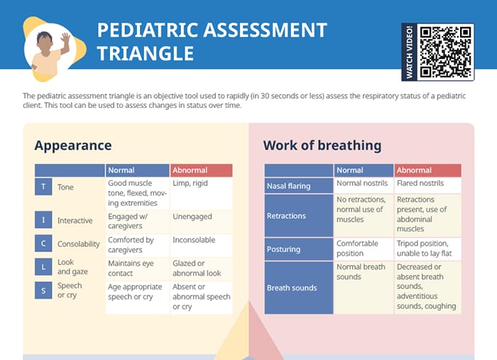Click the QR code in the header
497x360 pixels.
[x=445, y=52]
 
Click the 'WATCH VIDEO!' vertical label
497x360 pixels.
[x=410, y=52]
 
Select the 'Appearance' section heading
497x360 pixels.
[x=73, y=146]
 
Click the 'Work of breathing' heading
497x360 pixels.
[x=322, y=146]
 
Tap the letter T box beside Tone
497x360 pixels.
[x=43, y=187]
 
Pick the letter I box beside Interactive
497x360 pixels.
[x=43, y=220]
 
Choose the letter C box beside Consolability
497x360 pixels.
[x=43, y=243]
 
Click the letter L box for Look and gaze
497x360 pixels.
[x=43, y=267]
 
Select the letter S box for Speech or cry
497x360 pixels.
[x=43, y=290]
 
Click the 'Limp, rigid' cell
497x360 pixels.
[x=201, y=193]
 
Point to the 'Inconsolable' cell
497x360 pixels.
[x=201, y=245]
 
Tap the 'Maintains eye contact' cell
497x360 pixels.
[x=138, y=268]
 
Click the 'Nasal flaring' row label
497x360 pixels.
[x=298, y=186]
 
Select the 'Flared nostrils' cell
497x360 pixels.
[x=427, y=184]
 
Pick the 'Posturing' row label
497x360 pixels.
[x=298, y=249]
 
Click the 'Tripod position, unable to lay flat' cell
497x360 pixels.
[x=427, y=249]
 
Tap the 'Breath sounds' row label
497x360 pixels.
[x=298, y=288]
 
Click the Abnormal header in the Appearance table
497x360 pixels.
[x=201, y=170]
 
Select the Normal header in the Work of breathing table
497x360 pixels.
[x=363, y=170]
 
